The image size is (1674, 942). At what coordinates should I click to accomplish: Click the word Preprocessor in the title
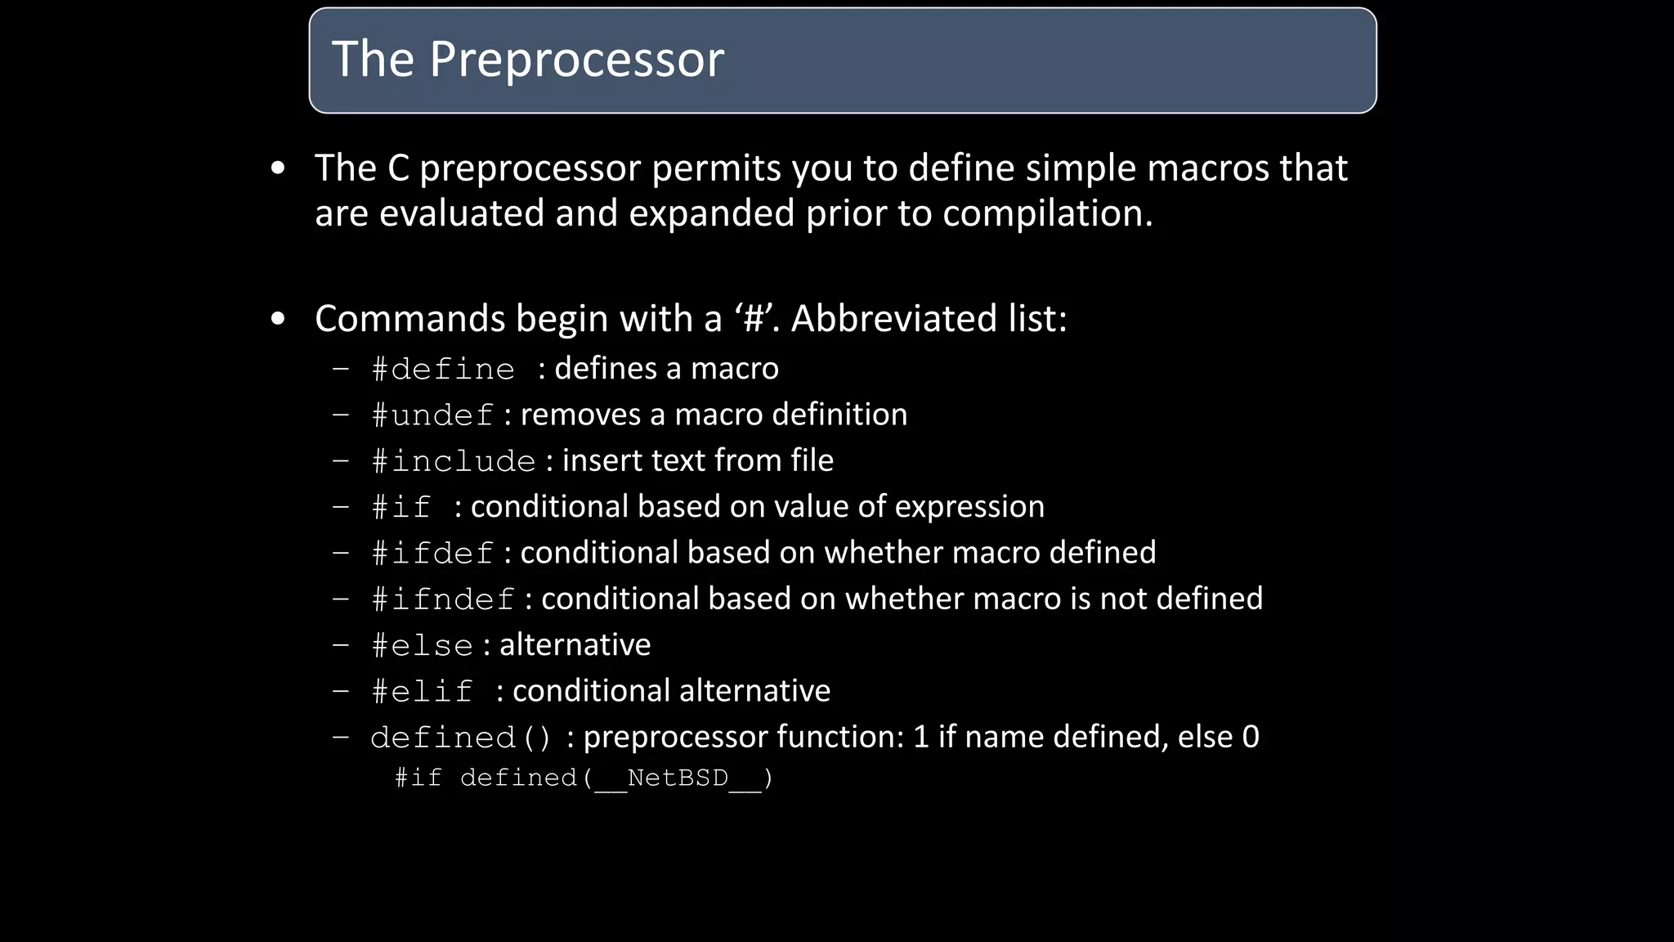pyautogui.click(x=576, y=60)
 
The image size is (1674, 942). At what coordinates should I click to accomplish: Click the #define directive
pyautogui.click(x=443, y=370)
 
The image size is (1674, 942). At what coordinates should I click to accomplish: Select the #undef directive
pyautogui.click(x=432, y=415)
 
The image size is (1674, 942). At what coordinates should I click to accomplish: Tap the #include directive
pyautogui.click(x=454, y=461)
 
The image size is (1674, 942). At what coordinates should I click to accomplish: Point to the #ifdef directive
pyautogui.click(x=432, y=554)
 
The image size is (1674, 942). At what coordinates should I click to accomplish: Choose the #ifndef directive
pyautogui.click(x=443, y=599)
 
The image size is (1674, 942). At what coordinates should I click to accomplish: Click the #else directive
pyautogui.click(x=422, y=646)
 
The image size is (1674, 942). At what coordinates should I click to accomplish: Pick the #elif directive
pyautogui.click(x=422, y=692)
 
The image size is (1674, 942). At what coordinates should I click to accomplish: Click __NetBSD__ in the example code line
pyautogui.click(x=678, y=778)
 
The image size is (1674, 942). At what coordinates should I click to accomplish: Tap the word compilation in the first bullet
pyautogui.click(x=1047, y=213)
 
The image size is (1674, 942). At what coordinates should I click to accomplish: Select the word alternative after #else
pyautogui.click(x=575, y=645)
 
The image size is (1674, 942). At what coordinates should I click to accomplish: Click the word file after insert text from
pyautogui.click(x=812, y=460)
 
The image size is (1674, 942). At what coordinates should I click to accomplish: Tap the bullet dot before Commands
pyautogui.click(x=278, y=320)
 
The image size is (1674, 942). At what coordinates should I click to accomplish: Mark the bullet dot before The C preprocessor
pyautogui.click(x=278, y=169)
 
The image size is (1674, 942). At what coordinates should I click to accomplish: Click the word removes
pyautogui.click(x=580, y=415)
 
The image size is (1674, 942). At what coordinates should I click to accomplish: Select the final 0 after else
pyautogui.click(x=1250, y=737)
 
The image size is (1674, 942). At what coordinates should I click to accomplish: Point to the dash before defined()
pyautogui.click(x=341, y=738)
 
